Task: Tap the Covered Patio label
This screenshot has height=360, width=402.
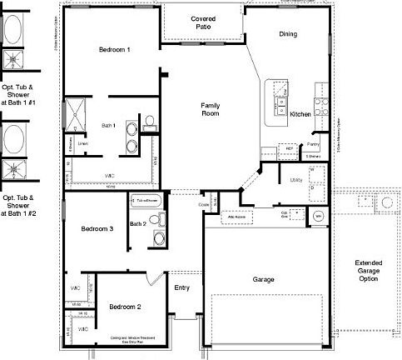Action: (204, 23)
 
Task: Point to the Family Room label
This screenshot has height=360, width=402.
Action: (210, 111)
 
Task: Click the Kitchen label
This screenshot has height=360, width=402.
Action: (300, 114)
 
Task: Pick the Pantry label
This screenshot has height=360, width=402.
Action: (314, 144)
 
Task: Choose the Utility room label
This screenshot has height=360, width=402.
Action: (295, 179)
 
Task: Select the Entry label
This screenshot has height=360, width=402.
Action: (181, 288)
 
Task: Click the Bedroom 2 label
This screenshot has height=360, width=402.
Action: (125, 307)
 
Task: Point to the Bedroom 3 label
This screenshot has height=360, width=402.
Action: (97, 228)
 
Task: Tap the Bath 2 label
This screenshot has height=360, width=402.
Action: (138, 223)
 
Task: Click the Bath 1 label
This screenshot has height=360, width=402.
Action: (109, 126)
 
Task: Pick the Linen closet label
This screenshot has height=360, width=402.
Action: (83, 143)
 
